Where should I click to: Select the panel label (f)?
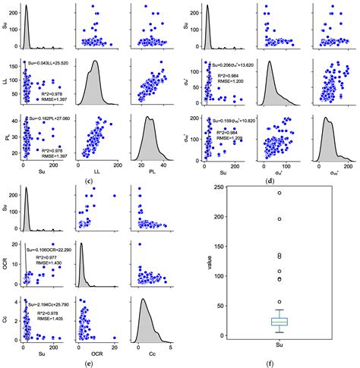[x=279, y=363]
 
